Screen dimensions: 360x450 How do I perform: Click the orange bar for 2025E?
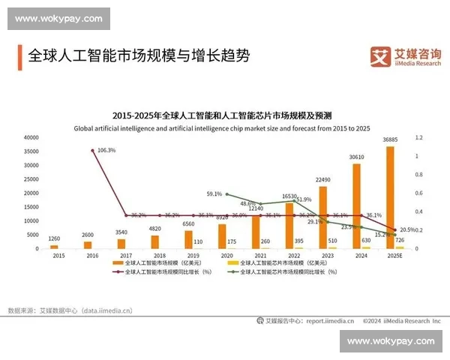point(390,196)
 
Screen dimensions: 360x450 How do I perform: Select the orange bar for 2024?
point(356,205)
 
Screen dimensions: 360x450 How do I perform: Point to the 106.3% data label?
point(106,151)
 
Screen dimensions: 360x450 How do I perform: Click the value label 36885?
point(390,140)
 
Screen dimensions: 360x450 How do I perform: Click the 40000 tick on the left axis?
point(31,138)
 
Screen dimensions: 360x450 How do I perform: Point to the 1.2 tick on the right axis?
point(419,138)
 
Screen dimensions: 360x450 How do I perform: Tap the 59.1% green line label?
point(214,194)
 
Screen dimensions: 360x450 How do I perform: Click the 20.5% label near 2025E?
point(408,229)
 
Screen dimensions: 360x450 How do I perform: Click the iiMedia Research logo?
point(406,56)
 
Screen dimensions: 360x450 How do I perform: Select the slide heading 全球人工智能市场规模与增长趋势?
point(138,55)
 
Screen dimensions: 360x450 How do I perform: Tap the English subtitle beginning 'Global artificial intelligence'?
point(222,128)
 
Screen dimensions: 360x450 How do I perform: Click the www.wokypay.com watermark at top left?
point(59,18)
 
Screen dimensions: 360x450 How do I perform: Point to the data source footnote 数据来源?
point(69,309)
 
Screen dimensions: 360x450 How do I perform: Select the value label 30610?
point(356,157)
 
